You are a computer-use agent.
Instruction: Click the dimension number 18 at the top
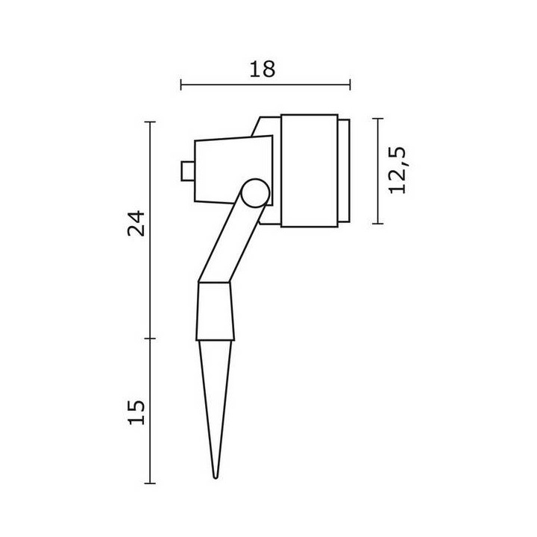[x=262, y=69]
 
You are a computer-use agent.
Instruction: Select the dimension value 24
[x=136, y=223]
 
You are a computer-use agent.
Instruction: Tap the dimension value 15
[x=136, y=412]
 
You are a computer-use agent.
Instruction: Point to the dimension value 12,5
[x=398, y=170]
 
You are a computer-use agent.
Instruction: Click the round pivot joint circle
[x=255, y=193]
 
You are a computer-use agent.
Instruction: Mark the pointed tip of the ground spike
[x=215, y=477]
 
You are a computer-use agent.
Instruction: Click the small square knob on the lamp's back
[x=188, y=171]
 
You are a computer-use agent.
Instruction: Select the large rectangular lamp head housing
[x=310, y=171]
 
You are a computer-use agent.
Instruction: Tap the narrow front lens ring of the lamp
[x=344, y=171]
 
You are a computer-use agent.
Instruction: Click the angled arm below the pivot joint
[x=231, y=242]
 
